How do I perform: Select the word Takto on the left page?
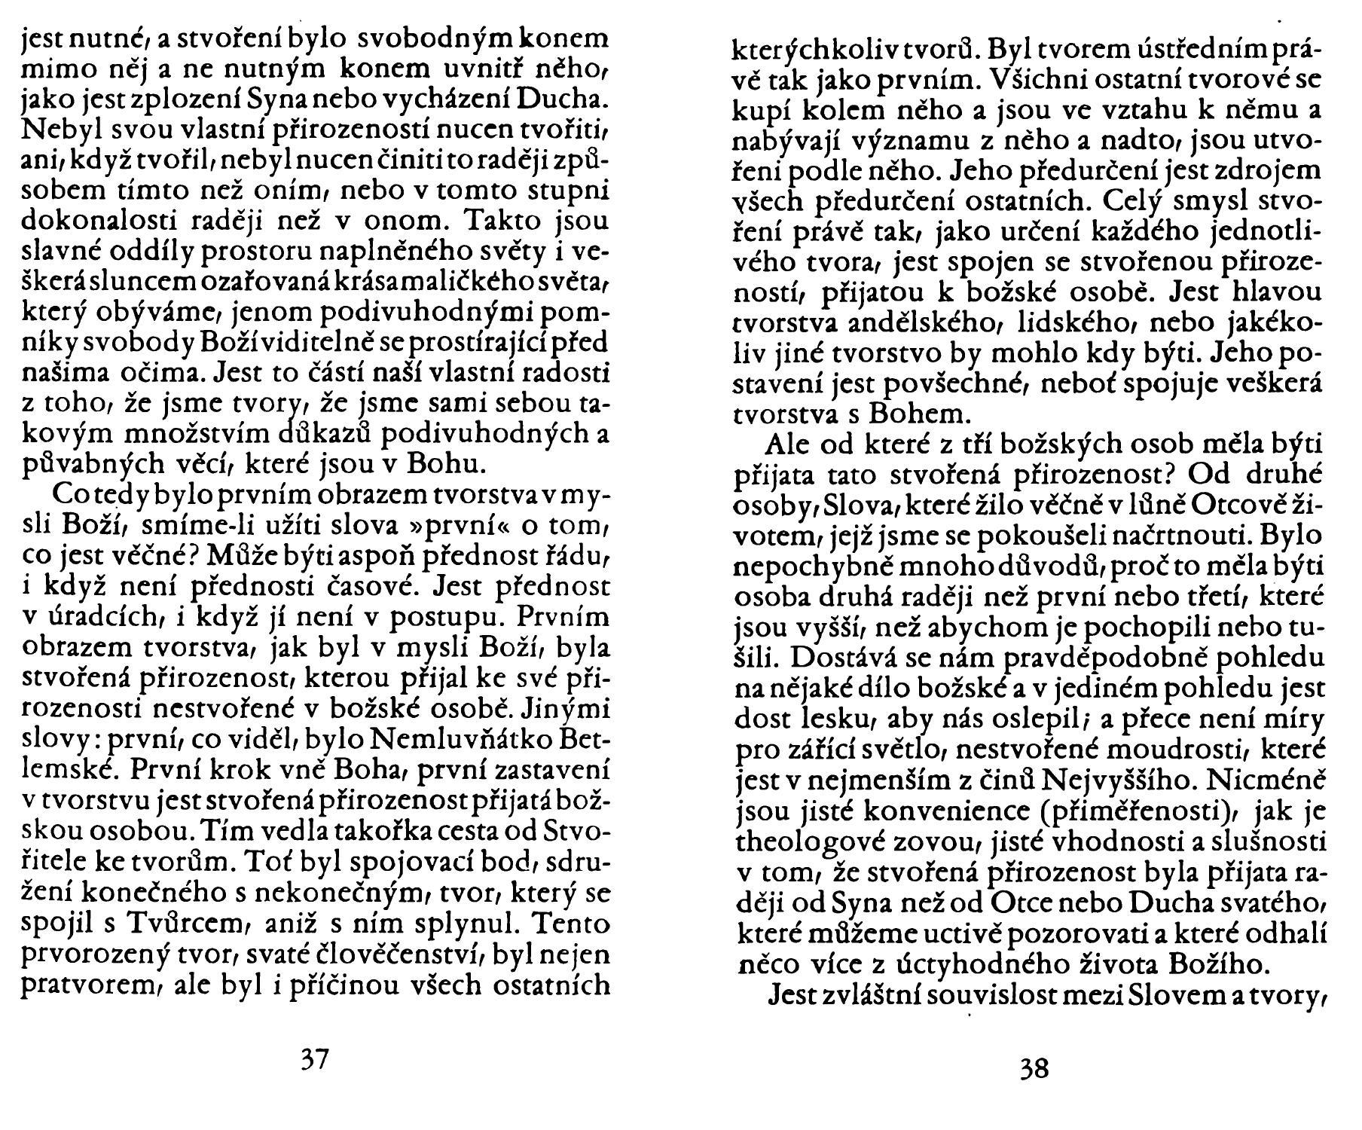(505, 222)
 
